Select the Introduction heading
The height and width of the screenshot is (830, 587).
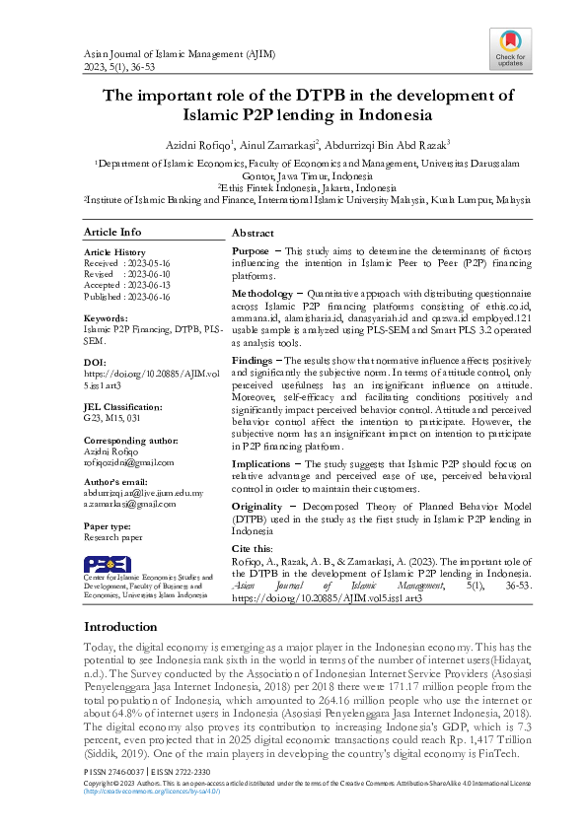click(119, 627)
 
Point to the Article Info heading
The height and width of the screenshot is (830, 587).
click(111, 233)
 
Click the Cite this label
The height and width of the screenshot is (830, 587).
click(253, 547)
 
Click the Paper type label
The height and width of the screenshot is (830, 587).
click(109, 525)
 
